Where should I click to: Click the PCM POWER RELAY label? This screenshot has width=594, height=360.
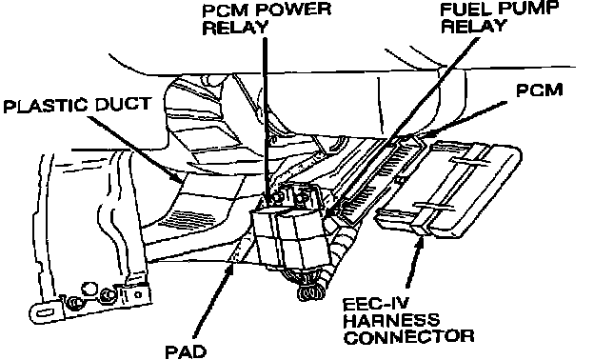coord(267,18)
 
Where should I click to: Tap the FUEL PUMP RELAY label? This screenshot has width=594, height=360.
coord(500,17)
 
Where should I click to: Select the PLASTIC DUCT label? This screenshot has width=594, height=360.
coord(77,105)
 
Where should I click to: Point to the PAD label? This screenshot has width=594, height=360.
coord(186,351)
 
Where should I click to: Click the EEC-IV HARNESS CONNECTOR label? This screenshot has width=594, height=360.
coord(408,321)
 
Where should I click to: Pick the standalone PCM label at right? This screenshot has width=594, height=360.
coord(540,90)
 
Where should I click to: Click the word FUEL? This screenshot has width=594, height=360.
coord(466,10)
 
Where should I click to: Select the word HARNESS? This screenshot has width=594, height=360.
coord(391,321)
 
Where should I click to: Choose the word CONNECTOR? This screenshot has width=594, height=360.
coord(408,337)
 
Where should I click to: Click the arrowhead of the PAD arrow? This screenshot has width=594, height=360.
coord(232,270)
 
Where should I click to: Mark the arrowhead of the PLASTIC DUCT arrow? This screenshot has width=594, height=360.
coord(176,176)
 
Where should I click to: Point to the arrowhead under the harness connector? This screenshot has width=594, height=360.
coord(420,241)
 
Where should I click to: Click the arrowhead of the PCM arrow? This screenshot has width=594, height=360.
coord(426,134)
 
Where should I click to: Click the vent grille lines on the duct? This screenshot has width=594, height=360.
coord(188,221)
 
